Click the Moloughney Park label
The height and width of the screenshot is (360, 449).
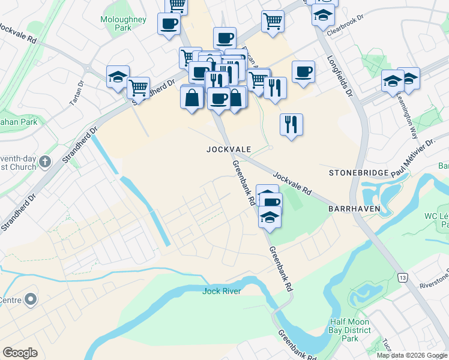124,23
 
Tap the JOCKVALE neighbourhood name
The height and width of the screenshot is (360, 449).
228,148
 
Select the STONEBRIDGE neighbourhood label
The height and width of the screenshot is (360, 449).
357,173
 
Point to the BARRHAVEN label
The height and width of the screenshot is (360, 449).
352,208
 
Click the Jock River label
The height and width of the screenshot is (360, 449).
221,292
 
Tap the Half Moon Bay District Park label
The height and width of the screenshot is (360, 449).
352,330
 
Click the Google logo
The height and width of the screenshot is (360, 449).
20,352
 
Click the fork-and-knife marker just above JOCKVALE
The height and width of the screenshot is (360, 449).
291,124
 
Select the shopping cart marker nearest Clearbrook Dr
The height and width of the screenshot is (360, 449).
273,22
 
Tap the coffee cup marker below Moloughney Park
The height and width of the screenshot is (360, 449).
169,24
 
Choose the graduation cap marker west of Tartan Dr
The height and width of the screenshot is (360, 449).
118,76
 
